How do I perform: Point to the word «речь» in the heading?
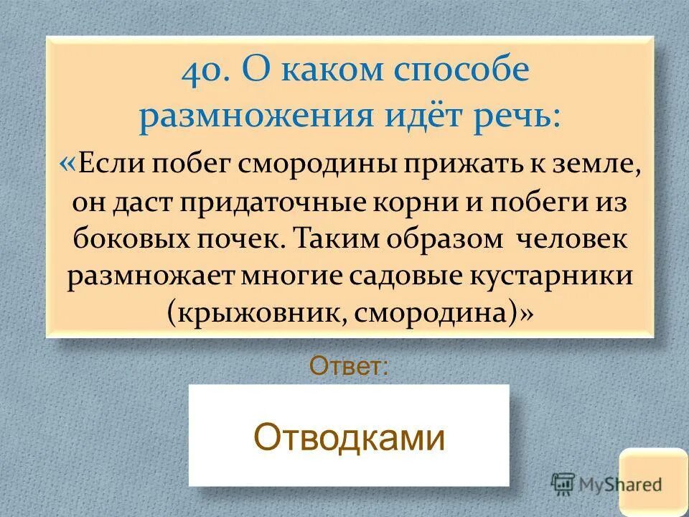point(518,115)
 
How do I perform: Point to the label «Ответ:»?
point(350,367)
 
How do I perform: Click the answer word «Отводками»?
point(350,436)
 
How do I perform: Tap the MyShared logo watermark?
point(606,483)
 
